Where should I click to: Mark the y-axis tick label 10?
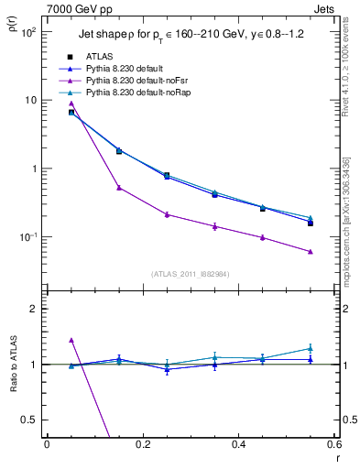(30, 100)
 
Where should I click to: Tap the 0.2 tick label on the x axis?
(142, 444)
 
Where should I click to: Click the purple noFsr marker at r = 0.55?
(311, 252)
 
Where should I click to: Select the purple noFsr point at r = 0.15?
(119, 188)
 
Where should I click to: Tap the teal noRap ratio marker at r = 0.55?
(311, 348)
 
